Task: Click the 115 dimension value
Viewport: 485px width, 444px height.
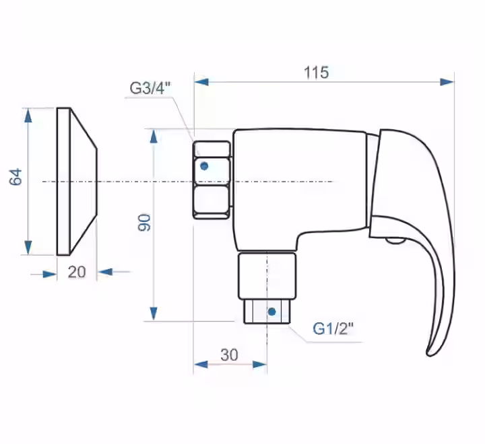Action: click(316, 73)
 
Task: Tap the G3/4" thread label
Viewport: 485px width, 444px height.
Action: click(150, 88)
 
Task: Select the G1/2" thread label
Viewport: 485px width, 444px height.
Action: click(333, 328)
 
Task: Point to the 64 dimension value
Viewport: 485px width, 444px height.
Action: click(15, 177)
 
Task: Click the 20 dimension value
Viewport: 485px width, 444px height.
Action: click(77, 272)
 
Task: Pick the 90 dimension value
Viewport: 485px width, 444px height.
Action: click(144, 223)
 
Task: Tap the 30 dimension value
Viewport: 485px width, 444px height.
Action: click(229, 355)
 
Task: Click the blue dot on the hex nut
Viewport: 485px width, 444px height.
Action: click(204, 166)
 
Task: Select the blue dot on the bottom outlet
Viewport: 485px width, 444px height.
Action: click(272, 311)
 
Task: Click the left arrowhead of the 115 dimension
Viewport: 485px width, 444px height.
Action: click(201, 82)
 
